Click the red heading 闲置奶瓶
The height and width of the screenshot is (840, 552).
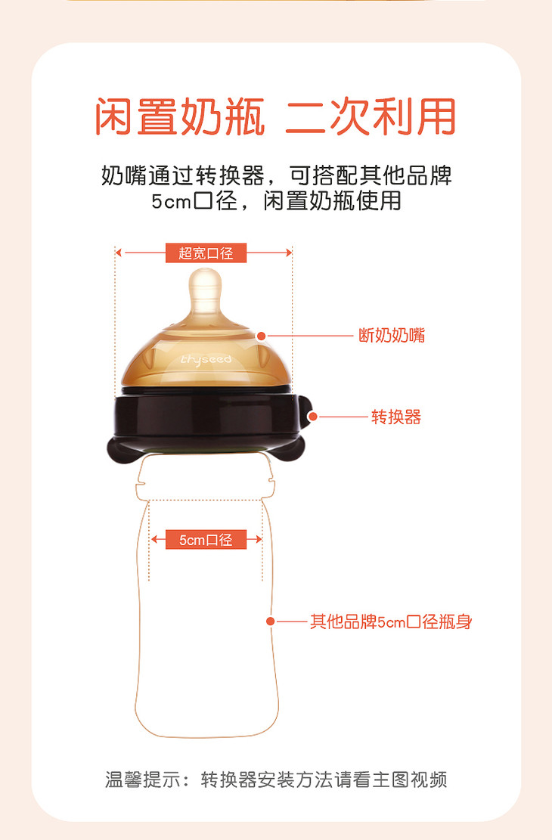(x=180, y=116)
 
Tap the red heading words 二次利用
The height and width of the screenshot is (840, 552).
(x=371, y=116)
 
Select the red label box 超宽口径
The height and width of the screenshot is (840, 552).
(x=206, y=253)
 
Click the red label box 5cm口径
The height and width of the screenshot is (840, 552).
(x=206, y=540)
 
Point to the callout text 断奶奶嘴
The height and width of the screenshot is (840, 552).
(x=392, y=336)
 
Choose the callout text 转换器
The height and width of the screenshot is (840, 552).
(x=396, y=417)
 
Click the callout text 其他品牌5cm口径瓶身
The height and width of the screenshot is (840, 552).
(x=391, y=621)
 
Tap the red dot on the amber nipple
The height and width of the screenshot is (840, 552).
(x=261, y=336)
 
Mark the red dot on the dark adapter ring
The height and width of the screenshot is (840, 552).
(x=313, y=417)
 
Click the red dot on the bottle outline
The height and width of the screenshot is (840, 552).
(x=271, y=621)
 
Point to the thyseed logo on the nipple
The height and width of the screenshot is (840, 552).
(x=206, y=359)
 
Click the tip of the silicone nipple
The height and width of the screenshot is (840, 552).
(x=205, y=269)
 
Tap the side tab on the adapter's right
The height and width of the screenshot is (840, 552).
(x=305, y=411)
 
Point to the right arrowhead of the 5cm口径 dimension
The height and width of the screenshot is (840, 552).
(x=259, y=540)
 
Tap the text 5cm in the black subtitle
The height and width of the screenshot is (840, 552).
(x=171, y=201)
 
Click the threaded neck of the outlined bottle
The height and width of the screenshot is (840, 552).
(x=205, y=478)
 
